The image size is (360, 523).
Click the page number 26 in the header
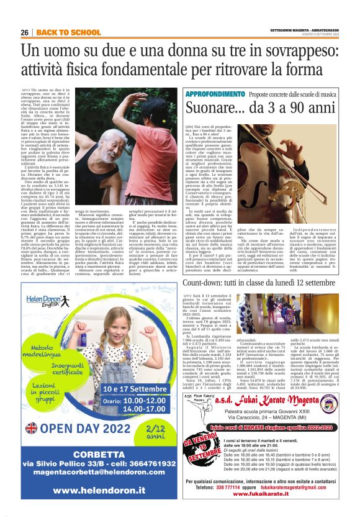(25, 32)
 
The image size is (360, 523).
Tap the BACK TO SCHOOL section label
(60, 32)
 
